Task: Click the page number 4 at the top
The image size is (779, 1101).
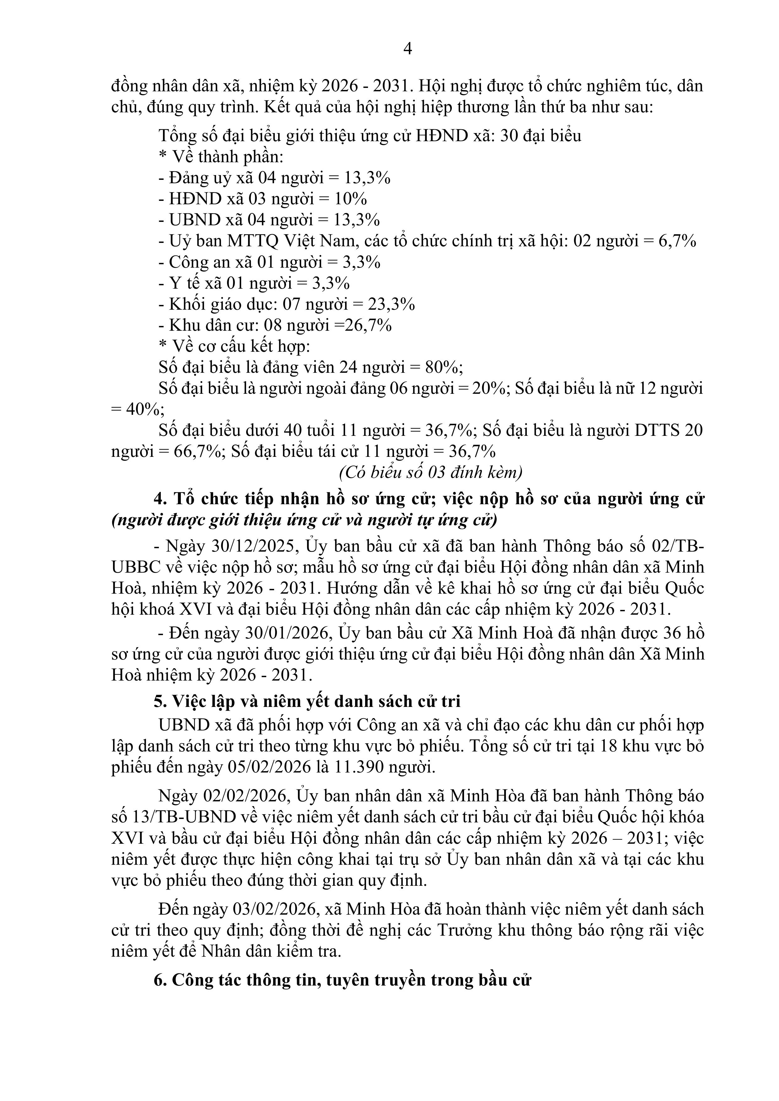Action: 408,49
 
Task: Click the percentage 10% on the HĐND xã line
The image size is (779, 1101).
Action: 350,199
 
